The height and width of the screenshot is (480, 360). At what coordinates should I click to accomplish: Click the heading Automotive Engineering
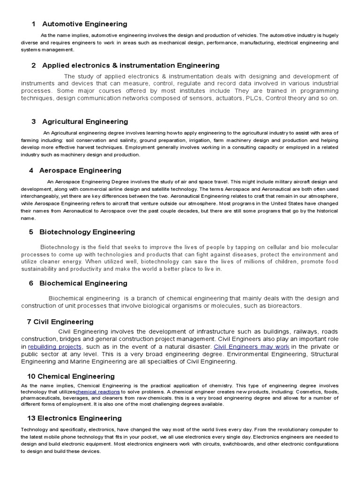84,24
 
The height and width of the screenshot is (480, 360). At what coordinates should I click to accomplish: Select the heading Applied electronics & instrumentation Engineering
130,65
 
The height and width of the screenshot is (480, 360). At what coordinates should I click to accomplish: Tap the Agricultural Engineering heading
85,121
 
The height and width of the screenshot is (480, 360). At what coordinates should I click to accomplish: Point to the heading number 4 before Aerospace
31,170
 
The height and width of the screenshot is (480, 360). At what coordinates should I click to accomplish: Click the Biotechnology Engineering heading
87,232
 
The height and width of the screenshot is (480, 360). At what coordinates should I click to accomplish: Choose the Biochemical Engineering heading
83,283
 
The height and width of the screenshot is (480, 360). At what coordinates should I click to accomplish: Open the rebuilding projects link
55,346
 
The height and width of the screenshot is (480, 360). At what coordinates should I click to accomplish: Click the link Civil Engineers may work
251,346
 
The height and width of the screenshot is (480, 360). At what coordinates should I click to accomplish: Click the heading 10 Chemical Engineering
71,376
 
